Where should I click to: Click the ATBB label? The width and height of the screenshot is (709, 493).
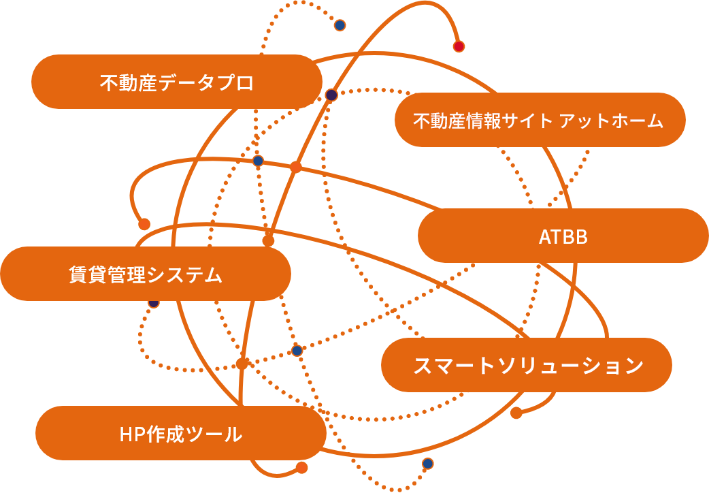(563, 237)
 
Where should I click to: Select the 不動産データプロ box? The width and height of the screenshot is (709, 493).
(177, 82)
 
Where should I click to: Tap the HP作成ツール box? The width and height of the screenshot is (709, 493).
(180, 434)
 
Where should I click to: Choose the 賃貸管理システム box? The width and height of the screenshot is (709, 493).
(146, 274)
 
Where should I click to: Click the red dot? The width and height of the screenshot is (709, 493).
(459, 46)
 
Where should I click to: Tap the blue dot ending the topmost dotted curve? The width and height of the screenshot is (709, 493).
(340, 25)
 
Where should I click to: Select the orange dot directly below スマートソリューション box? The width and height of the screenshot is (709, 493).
(516, 413)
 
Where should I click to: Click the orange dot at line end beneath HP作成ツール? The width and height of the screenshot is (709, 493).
(301, 467)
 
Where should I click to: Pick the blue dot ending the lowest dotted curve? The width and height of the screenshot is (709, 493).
(427, 464)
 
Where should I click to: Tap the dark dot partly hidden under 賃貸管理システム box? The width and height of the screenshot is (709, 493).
(154, 302)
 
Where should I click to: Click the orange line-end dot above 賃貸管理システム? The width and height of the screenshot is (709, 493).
(144, 223)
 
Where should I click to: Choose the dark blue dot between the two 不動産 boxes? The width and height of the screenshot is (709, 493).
(331, 95)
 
